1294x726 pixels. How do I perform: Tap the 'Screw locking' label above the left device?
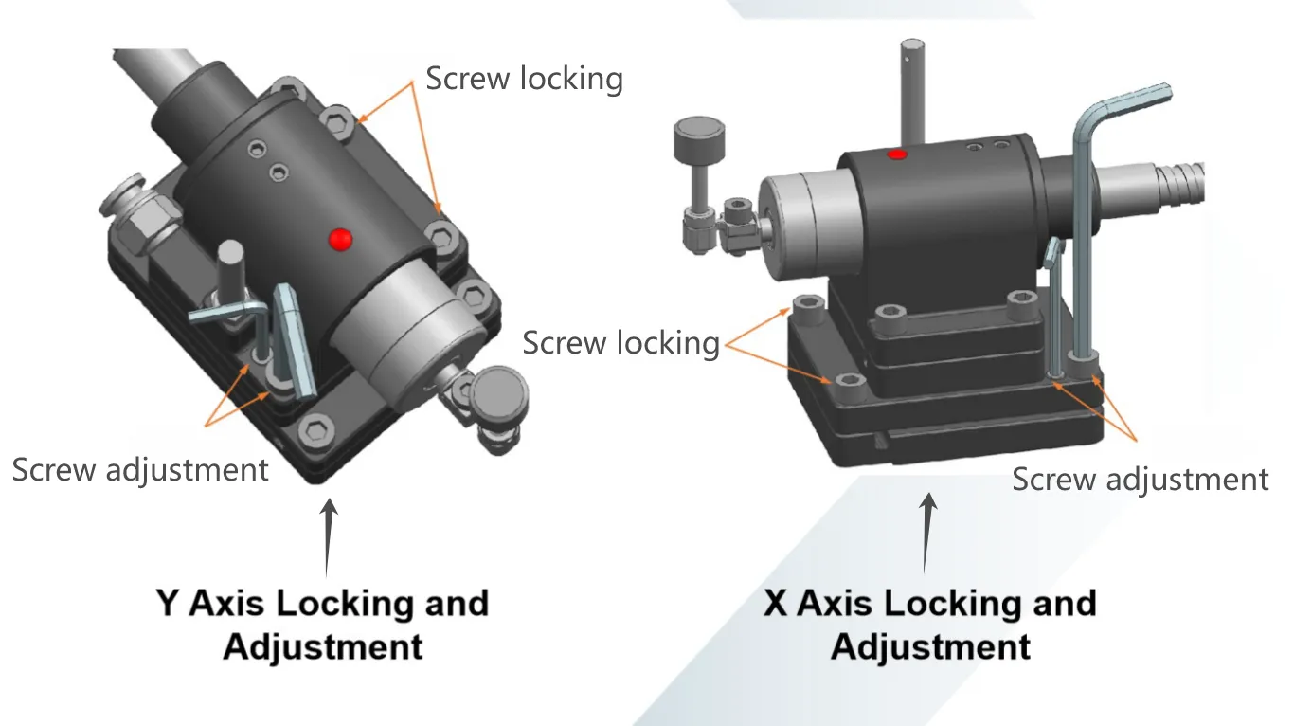[524, 79]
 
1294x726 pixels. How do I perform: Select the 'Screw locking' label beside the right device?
[620, 342]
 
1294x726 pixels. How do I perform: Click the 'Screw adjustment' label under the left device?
[140, 468]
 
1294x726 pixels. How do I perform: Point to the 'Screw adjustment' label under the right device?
[1140, 479]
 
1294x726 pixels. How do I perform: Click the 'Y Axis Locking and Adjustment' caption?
[322, 625]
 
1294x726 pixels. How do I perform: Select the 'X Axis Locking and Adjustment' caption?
[929, 625]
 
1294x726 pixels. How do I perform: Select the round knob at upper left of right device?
[699, 142]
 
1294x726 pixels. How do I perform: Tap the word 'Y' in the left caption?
[167, 603]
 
